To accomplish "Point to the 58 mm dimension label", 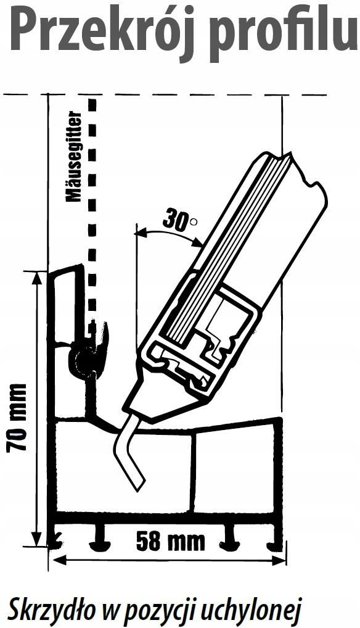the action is [170, 541].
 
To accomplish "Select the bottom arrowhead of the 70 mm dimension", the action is [37, 538].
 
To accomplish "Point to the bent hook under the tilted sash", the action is [128, 448].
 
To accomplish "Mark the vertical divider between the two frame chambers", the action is [195, 473].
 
